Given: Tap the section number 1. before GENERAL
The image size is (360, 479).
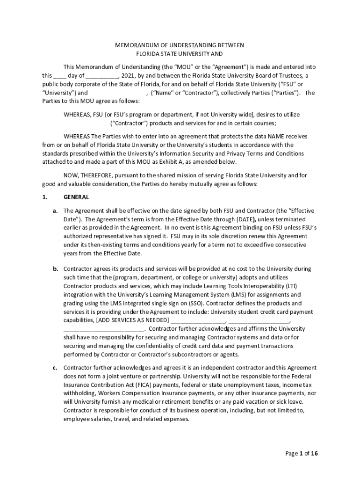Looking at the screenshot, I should (45, 197).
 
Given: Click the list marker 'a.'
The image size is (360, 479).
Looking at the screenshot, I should (55, 210).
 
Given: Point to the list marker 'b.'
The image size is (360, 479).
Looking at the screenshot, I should (55, 269).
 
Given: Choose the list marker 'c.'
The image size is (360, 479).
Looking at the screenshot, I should (55, 368).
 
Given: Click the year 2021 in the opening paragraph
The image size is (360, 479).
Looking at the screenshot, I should (128, 76).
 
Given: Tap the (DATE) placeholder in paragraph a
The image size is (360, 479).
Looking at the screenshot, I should (242, 219).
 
